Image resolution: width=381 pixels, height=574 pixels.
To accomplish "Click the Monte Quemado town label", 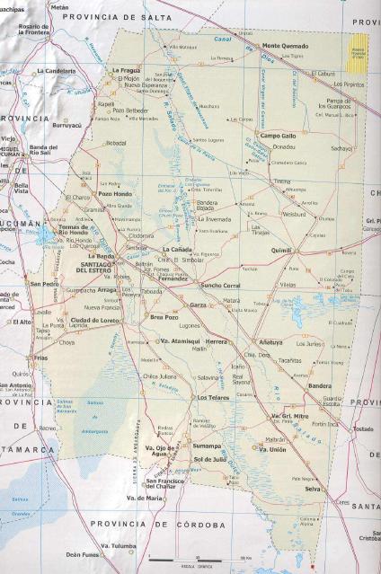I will point(284,45).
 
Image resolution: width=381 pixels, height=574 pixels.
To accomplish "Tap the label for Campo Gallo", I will point(277,135).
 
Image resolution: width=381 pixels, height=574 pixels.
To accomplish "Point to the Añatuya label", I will point(270,342).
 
